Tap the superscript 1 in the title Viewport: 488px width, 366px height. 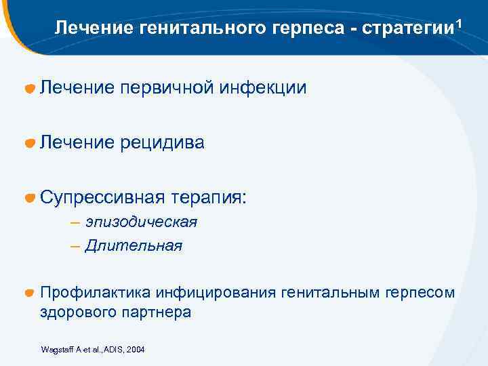coord(460,24)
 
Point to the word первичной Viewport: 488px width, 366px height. coord(169,87)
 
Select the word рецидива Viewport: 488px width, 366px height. coord(163,142)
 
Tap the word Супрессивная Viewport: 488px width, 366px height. coord(102,197)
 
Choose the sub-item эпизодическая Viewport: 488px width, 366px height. coord(141,222)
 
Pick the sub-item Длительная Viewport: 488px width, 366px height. coord(134,245)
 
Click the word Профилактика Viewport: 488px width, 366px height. coord(96,293)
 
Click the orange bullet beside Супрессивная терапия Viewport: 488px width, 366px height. coord(30,198)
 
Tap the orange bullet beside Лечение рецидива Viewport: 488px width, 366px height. coord(30,143)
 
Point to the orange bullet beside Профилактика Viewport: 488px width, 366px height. coord(30,293)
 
